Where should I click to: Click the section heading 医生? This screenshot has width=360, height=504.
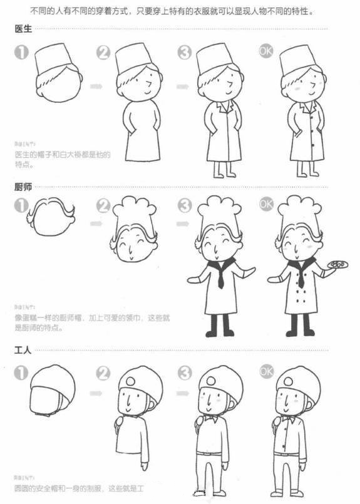[23, 29]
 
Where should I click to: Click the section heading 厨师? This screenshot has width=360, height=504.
[23, 187]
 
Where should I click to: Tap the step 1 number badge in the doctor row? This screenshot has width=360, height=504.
[21, 53]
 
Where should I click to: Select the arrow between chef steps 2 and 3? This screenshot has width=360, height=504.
[182, 223]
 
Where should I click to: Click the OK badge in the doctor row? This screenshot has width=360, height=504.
[266, 52]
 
